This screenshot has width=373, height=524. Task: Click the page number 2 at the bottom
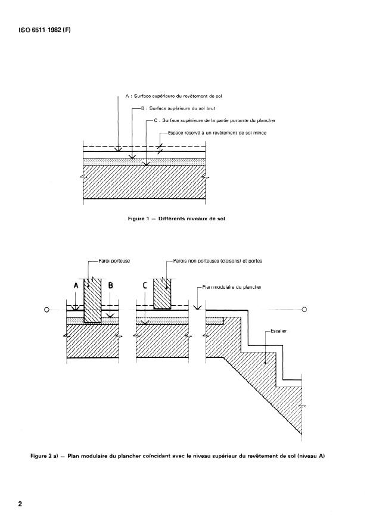tap(20, 504)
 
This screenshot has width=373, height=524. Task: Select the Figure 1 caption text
tap(176, 219)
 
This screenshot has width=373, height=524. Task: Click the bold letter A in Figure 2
tap(76, 285)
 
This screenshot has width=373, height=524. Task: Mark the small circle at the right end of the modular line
tap(304, 310)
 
